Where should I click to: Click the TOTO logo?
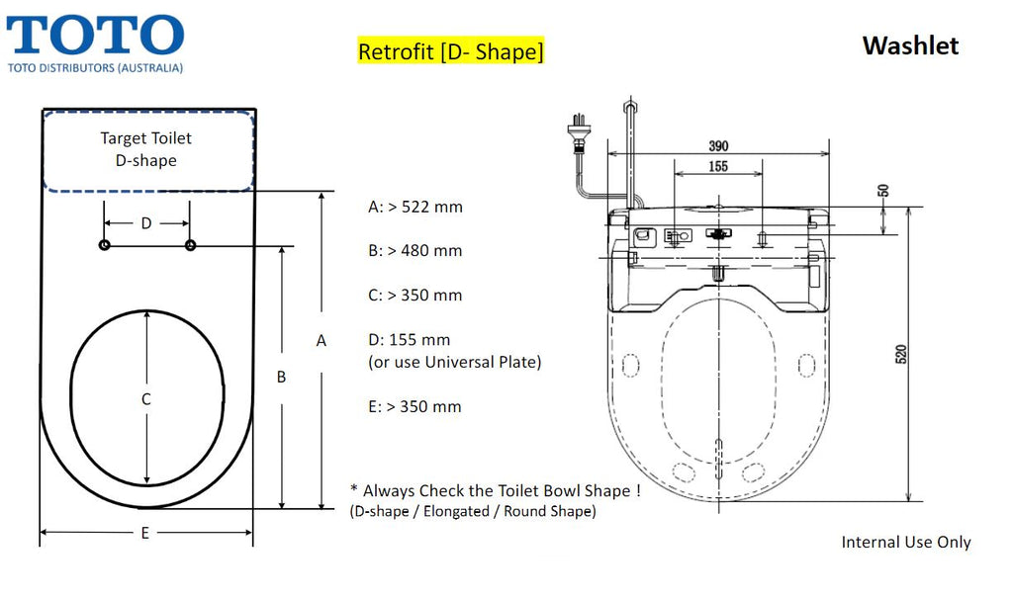[x=95, y=43]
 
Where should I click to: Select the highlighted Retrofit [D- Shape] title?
[x=451, y=51]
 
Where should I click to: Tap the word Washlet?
[x=910, y=45]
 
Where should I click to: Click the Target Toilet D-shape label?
[x=146, y=149]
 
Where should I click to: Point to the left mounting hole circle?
[x=104, y=245]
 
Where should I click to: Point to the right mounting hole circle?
[x=190, y=245]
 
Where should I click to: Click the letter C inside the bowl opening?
[x=146, y=399]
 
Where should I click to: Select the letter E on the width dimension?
[x=144, y=533]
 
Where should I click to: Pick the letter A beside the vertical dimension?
[x=322, y=341]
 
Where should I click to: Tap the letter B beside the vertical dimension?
[x=281, y=377]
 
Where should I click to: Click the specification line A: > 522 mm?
[x=415, y=207]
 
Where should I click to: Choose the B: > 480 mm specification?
[x=415, y=250]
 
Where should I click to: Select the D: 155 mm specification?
[x=410, y=340]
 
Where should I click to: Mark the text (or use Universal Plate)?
[x=455, y=363]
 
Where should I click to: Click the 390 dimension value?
[x=718, y=146]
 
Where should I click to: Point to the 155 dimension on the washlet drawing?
[x=718, y=167]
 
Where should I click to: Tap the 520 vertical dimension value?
[x=901, y=354]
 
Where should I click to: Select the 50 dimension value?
[x=883, y=191]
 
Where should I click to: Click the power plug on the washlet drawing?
[x=579, y=133]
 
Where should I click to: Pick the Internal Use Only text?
[x=906, y=542]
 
